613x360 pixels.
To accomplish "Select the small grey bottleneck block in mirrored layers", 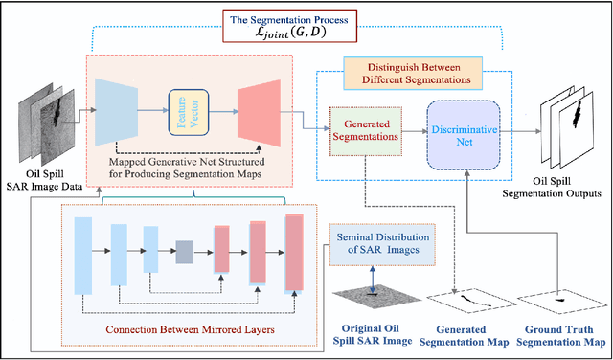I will point(184,251).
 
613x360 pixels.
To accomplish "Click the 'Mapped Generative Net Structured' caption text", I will point(193,161).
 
